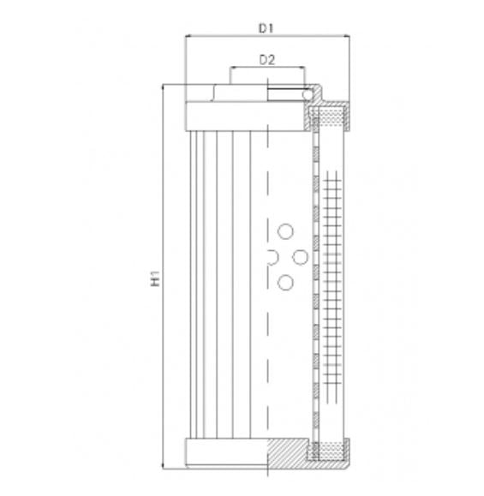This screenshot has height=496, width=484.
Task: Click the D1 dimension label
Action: coord(266,28)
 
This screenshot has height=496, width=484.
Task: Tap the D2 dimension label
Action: coord(266,60)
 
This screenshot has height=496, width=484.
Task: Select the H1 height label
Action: coord(155,278)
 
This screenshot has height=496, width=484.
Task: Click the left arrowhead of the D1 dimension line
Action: coord(189,37)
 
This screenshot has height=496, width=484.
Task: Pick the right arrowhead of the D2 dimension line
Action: coord(301,69)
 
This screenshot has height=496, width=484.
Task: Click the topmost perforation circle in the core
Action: coord(285,229)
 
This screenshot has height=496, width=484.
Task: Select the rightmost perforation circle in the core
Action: coord(300,256)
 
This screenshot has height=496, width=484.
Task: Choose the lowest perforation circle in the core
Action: coord(285,282)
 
